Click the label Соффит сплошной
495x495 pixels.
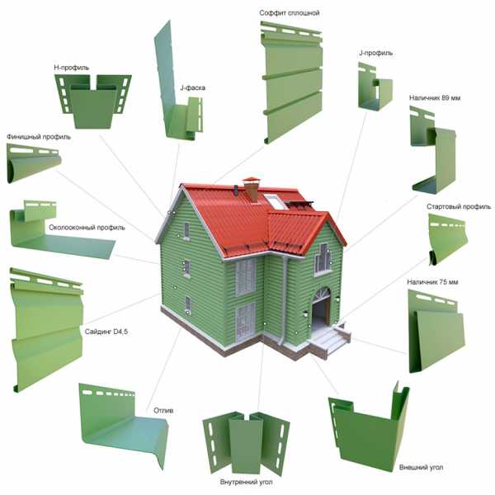[290, 13]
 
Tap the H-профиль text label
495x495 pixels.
[72, 68]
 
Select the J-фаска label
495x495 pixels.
[192, 87]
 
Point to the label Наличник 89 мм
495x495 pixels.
[435, 98]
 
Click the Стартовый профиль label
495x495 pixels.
[459, 207]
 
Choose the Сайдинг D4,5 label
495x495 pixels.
[106, 332]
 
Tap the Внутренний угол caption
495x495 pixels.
[246, 482]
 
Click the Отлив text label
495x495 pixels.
[163, 410]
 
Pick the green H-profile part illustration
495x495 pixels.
[93, 101]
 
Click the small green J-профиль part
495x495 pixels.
[375, 87]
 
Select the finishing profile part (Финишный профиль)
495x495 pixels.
[34, 163]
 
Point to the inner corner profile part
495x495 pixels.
[246, 443]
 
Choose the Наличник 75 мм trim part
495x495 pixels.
[436, 332]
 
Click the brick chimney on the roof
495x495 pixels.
[252, 189]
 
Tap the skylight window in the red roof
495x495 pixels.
[276, 202]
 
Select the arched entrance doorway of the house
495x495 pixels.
[322, 309]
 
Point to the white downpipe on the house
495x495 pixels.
[284, 300]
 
